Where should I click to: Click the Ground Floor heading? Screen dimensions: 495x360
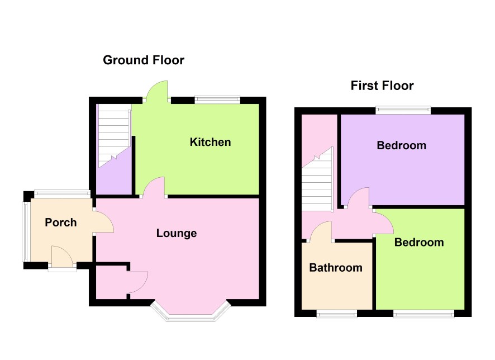144,60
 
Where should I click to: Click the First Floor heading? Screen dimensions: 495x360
382,86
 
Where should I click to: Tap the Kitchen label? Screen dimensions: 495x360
210,142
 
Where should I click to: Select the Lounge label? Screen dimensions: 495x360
177,233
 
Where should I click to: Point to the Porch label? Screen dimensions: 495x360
60,222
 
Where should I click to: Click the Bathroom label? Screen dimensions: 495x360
336,268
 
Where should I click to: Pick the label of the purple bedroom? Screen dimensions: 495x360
401,145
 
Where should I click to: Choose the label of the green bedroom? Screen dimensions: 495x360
419,242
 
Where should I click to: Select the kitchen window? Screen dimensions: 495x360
217,100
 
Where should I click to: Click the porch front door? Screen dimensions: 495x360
62,257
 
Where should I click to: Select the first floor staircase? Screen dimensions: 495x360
317,180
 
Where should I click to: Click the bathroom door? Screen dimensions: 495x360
321,230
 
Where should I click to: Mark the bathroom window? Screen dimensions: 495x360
337,313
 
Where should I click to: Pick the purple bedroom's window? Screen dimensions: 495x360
403,110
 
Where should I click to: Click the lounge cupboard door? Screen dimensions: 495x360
138,282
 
